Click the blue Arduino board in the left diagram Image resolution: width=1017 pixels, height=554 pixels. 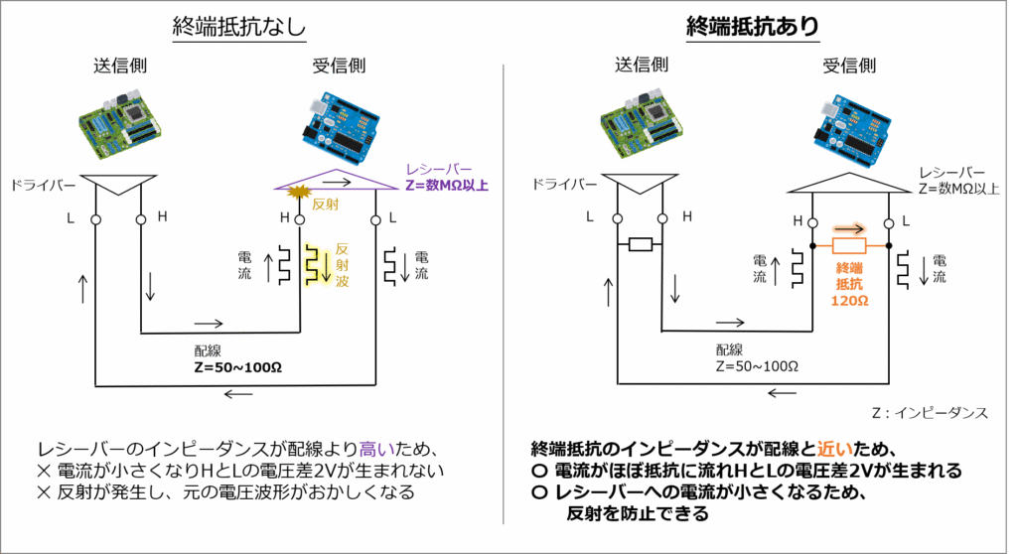tap(329, 129)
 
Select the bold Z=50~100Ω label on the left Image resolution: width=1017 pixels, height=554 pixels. tap(238, 366)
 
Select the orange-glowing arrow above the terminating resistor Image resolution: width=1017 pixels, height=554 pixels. tap(848, 227)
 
